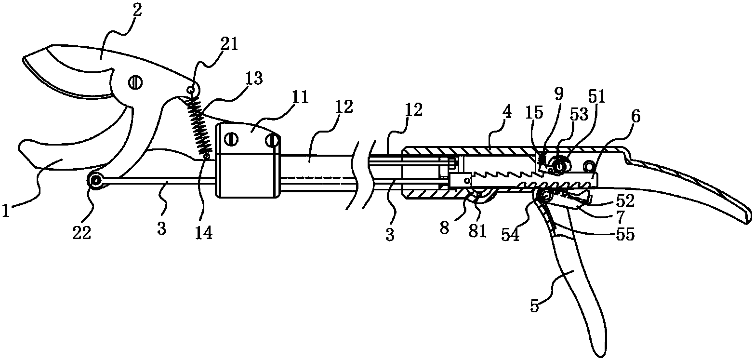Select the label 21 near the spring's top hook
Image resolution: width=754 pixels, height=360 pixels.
(x=229, y=44)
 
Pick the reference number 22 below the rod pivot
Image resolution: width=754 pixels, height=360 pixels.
(x=82, y=232)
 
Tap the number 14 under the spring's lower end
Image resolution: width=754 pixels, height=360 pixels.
(x=204, y=232)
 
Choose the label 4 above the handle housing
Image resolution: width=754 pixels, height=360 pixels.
(x=507, y=112)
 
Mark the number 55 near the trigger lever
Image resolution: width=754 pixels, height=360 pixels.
(x=625, y=234)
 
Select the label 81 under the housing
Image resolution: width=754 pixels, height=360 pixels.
(x=478, y=231)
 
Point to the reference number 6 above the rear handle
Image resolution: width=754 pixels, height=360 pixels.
(x=635, y=116)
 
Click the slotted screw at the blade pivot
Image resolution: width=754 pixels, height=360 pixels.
(x=135, y=82)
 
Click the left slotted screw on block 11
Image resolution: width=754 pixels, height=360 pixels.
(x=232, y=139)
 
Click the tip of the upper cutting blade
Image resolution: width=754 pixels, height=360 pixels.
(x=23, y=60)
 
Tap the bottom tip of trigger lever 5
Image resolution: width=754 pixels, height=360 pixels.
(x=600, y=355)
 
